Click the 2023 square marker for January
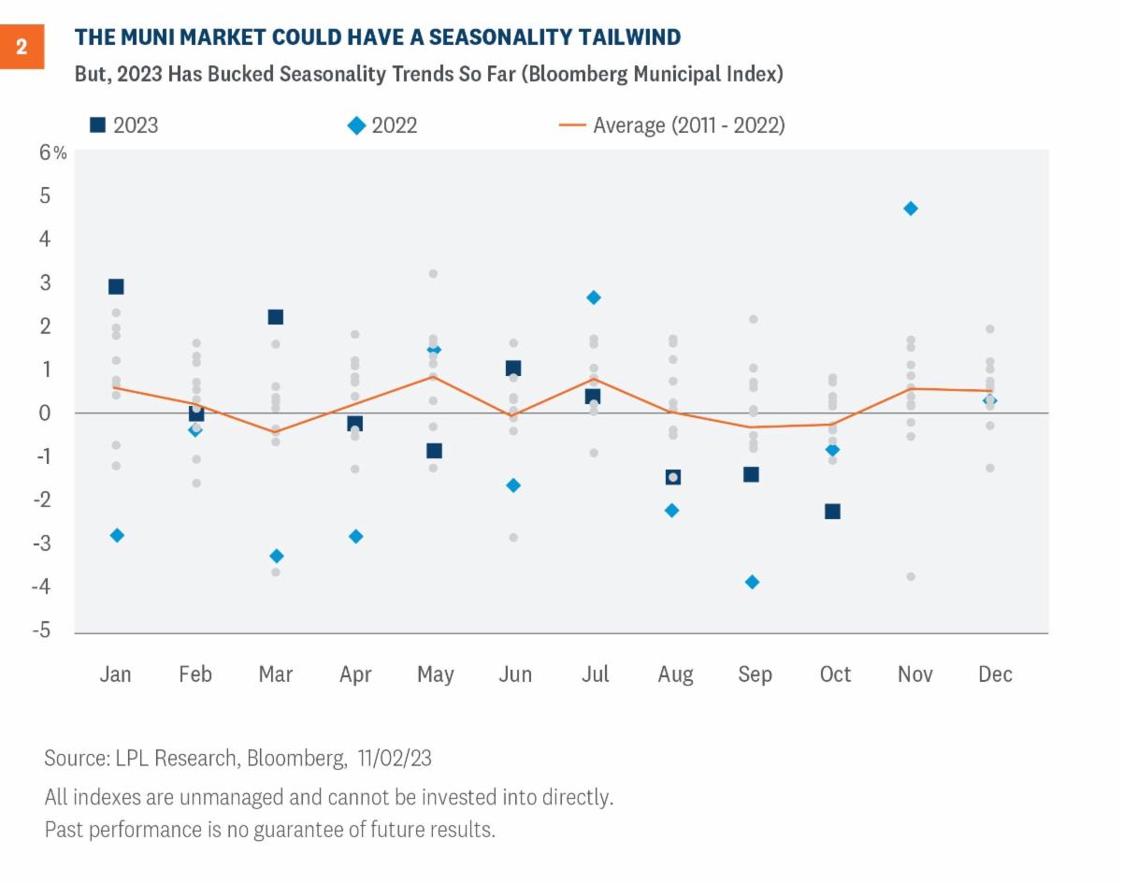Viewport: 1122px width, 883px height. [116, 286]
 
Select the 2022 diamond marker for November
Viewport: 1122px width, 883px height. [911, 209]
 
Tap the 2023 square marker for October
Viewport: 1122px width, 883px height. [832, 512]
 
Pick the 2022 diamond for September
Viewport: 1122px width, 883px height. [752, 582]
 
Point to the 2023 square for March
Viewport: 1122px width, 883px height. [276, 317]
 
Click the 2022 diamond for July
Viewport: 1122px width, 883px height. [593, 297]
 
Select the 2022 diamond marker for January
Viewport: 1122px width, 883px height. [117, 535]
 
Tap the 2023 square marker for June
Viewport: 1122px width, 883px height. [512, 369]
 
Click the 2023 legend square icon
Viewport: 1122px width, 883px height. [96, 124]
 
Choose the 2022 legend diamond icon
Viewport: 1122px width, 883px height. [356, 124]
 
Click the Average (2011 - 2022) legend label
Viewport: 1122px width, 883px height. [688, 124]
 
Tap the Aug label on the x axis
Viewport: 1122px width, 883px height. [675, 674]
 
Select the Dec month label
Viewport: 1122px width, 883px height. [994, 674]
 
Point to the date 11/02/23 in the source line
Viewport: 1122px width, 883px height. [395, 758]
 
